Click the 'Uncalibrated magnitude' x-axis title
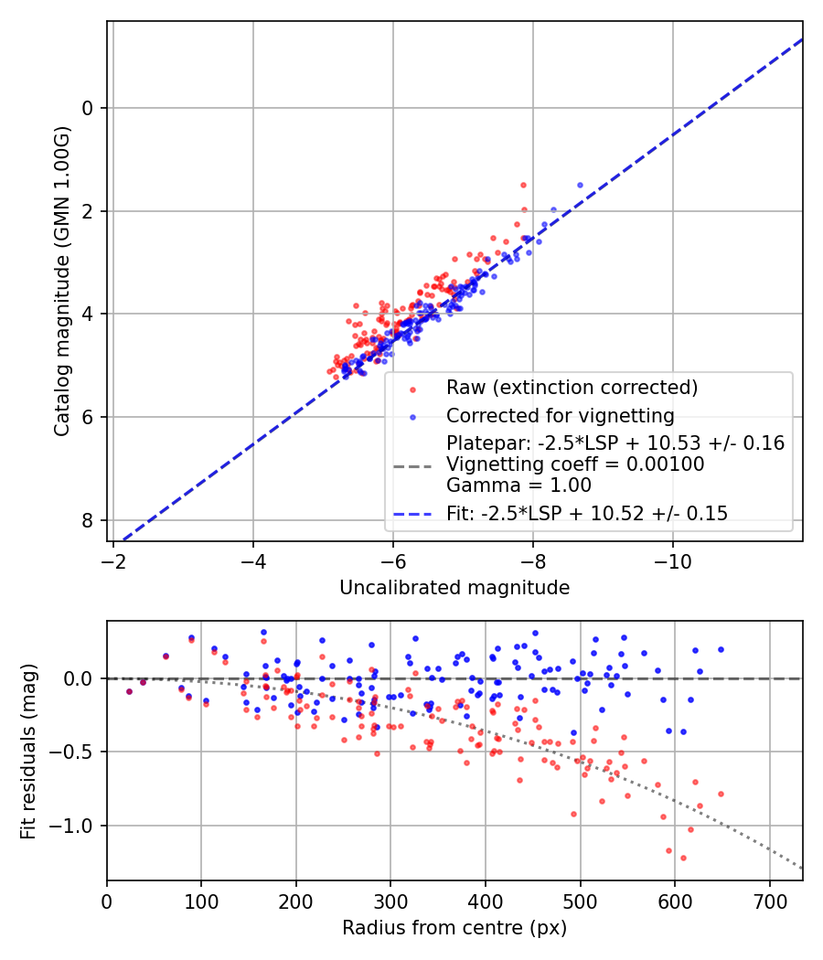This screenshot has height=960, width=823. (x=454, y=588)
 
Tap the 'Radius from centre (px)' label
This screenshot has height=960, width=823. (x=454, y=928)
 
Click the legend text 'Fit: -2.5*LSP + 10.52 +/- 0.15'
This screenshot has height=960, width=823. (x=587, y=514)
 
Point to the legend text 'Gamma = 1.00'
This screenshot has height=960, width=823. (x=518, y=485)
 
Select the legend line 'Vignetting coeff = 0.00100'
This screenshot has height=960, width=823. (x=575, y=464)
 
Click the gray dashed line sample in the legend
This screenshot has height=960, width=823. (x=412, y=465)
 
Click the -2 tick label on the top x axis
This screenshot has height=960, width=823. (x=113, y=560)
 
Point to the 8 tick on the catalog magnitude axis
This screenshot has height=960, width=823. (x=89, y=520)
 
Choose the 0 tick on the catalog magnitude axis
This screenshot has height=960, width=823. (x=89, y=108)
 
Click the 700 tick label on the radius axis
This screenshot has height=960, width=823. (x=769, y=900)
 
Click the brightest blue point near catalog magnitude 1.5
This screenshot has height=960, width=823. (x=580, y=185)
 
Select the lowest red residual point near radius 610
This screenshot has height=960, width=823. (x=683, y=858)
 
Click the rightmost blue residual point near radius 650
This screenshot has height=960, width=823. (x=721, y=649)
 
